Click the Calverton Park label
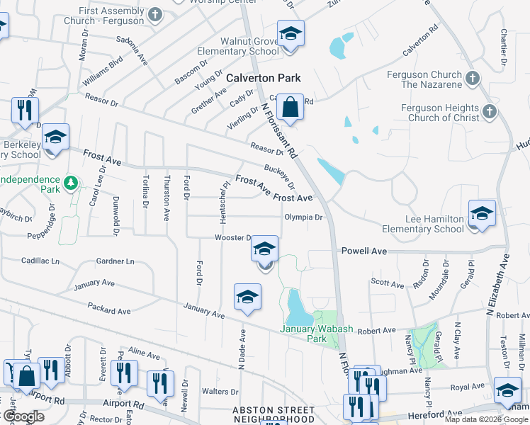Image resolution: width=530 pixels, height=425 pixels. pos(264,78)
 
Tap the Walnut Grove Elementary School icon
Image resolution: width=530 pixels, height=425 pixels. pos(290,35)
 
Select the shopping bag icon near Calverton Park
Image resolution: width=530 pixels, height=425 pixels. pos(290,108)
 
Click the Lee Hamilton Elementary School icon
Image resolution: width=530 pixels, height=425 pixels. pos(481,213)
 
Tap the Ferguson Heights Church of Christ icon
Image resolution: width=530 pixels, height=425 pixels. pos(489,111)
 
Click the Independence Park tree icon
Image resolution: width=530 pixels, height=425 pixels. pos(70,183)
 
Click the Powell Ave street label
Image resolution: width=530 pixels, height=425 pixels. pos(364,251)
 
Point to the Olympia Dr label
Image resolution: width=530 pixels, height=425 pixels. pos(303,217)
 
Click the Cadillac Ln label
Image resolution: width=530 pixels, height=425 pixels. pos(40,261)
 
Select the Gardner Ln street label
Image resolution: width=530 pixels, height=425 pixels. pos(115,261)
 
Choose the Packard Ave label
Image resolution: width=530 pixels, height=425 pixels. pos(109,310)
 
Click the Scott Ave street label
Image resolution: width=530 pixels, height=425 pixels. pos(387,285)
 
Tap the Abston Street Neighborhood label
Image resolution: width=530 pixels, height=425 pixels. pos(274,414)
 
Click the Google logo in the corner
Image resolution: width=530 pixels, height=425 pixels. pos(23,416)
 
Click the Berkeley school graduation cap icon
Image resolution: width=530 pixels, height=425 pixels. pos(55,137)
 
